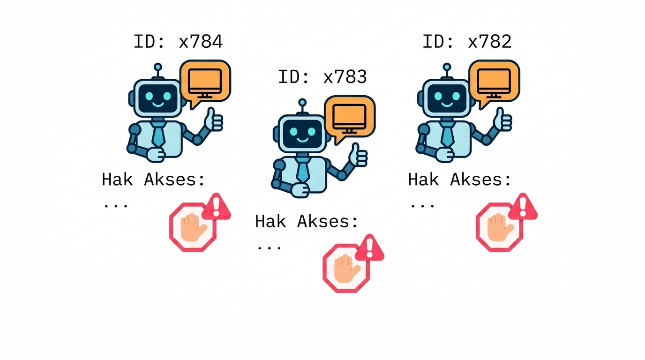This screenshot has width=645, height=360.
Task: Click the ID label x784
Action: click(x=178, y=42)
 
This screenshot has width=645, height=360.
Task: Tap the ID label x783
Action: click(x=322, y=77)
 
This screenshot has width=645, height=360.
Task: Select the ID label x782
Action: click(x=467, y=42)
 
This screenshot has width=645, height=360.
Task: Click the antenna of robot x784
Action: click(x=158, y=68)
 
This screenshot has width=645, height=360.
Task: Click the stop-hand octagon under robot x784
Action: click(x=193, y=227)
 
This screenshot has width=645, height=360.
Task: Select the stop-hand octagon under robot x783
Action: click(x=346, y=268)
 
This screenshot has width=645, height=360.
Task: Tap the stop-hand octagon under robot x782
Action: click(x=499, y=227)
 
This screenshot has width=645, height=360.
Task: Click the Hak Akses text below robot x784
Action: click(x=154, y=180)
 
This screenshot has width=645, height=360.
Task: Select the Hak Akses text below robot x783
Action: click(x=307, y=221)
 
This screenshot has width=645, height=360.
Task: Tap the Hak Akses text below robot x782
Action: click(x=460, y=180)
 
